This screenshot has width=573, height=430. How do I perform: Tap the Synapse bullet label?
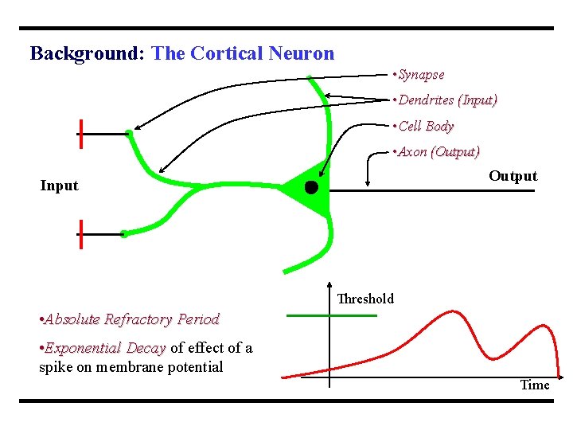[421, 75]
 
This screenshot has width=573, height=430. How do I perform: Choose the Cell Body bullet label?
[426, 126]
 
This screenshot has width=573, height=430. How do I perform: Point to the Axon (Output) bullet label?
[439, 151]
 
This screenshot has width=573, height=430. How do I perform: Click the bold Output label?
[513, 176]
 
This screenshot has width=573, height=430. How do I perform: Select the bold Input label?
[60, 186]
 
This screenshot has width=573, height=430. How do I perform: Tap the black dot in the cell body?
[311, 188]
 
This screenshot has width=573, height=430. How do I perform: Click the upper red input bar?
[81, 134]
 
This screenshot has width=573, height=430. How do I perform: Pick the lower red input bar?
[81, 234]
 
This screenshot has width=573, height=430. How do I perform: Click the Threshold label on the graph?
[365, 299]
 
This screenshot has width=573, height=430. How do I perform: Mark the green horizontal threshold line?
[331, 316]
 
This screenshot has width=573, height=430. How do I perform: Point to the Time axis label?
[534, 385]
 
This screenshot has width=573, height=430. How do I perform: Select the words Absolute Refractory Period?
[132, 319]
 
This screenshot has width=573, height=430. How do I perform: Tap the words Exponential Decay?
[105, 348]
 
